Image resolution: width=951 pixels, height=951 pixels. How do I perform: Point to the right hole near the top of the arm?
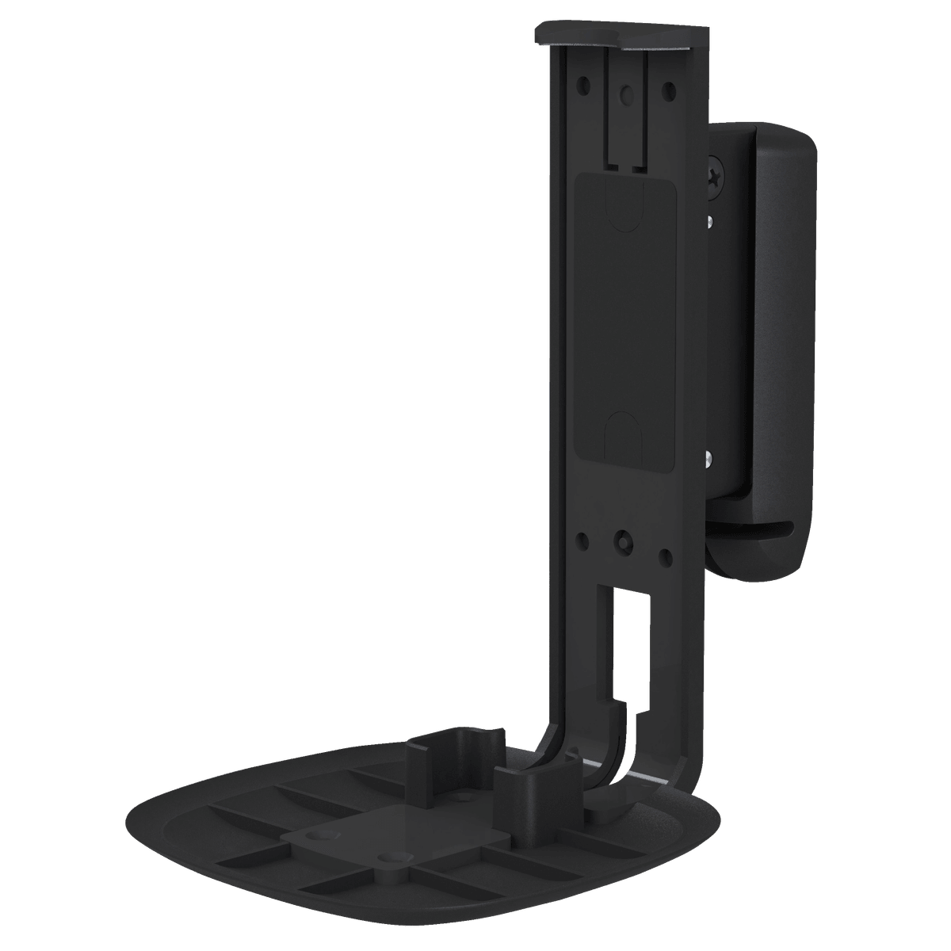point(668,88)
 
